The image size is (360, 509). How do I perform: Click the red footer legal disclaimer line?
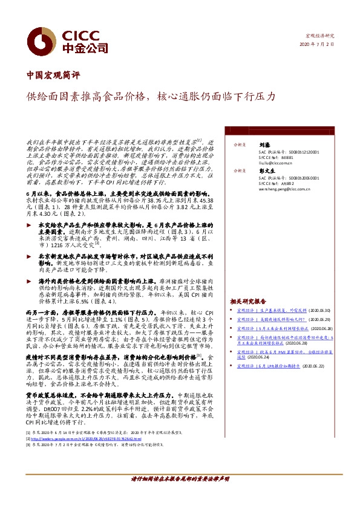tap(180, 495)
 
